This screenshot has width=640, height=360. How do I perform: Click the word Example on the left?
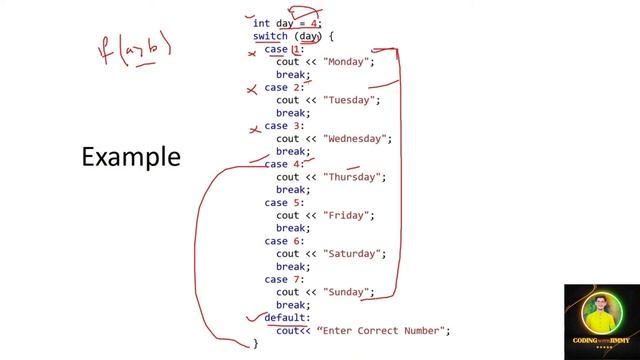click(x=131, y=157)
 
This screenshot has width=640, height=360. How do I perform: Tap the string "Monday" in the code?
click(x=348, y=62)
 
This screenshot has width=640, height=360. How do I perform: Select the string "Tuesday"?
click(x=352, y=100)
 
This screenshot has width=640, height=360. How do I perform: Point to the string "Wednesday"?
click(x=359, y=138)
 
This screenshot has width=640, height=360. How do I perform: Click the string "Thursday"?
click(x=354, y=177)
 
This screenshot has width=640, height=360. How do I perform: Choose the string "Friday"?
click(x=349, y=215)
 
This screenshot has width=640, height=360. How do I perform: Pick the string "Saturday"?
click(x=355, y=253)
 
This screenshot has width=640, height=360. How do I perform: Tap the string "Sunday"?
click(x=348, y=292)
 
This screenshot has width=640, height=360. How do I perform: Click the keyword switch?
click(x=270, y=36)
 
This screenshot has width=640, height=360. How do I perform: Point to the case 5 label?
click(x=284, y=203)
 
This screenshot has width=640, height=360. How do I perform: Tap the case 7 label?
click(x=284, y=279)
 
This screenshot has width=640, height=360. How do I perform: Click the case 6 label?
click(x=284, y=241)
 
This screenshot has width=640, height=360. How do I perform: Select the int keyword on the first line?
click(x=261, y=23)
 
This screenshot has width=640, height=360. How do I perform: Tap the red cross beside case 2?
click(x=252, y=90)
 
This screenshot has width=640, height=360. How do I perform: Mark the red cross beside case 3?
click(x=255, y=128)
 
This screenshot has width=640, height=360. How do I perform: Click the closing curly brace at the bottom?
click(x=255, y=344)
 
